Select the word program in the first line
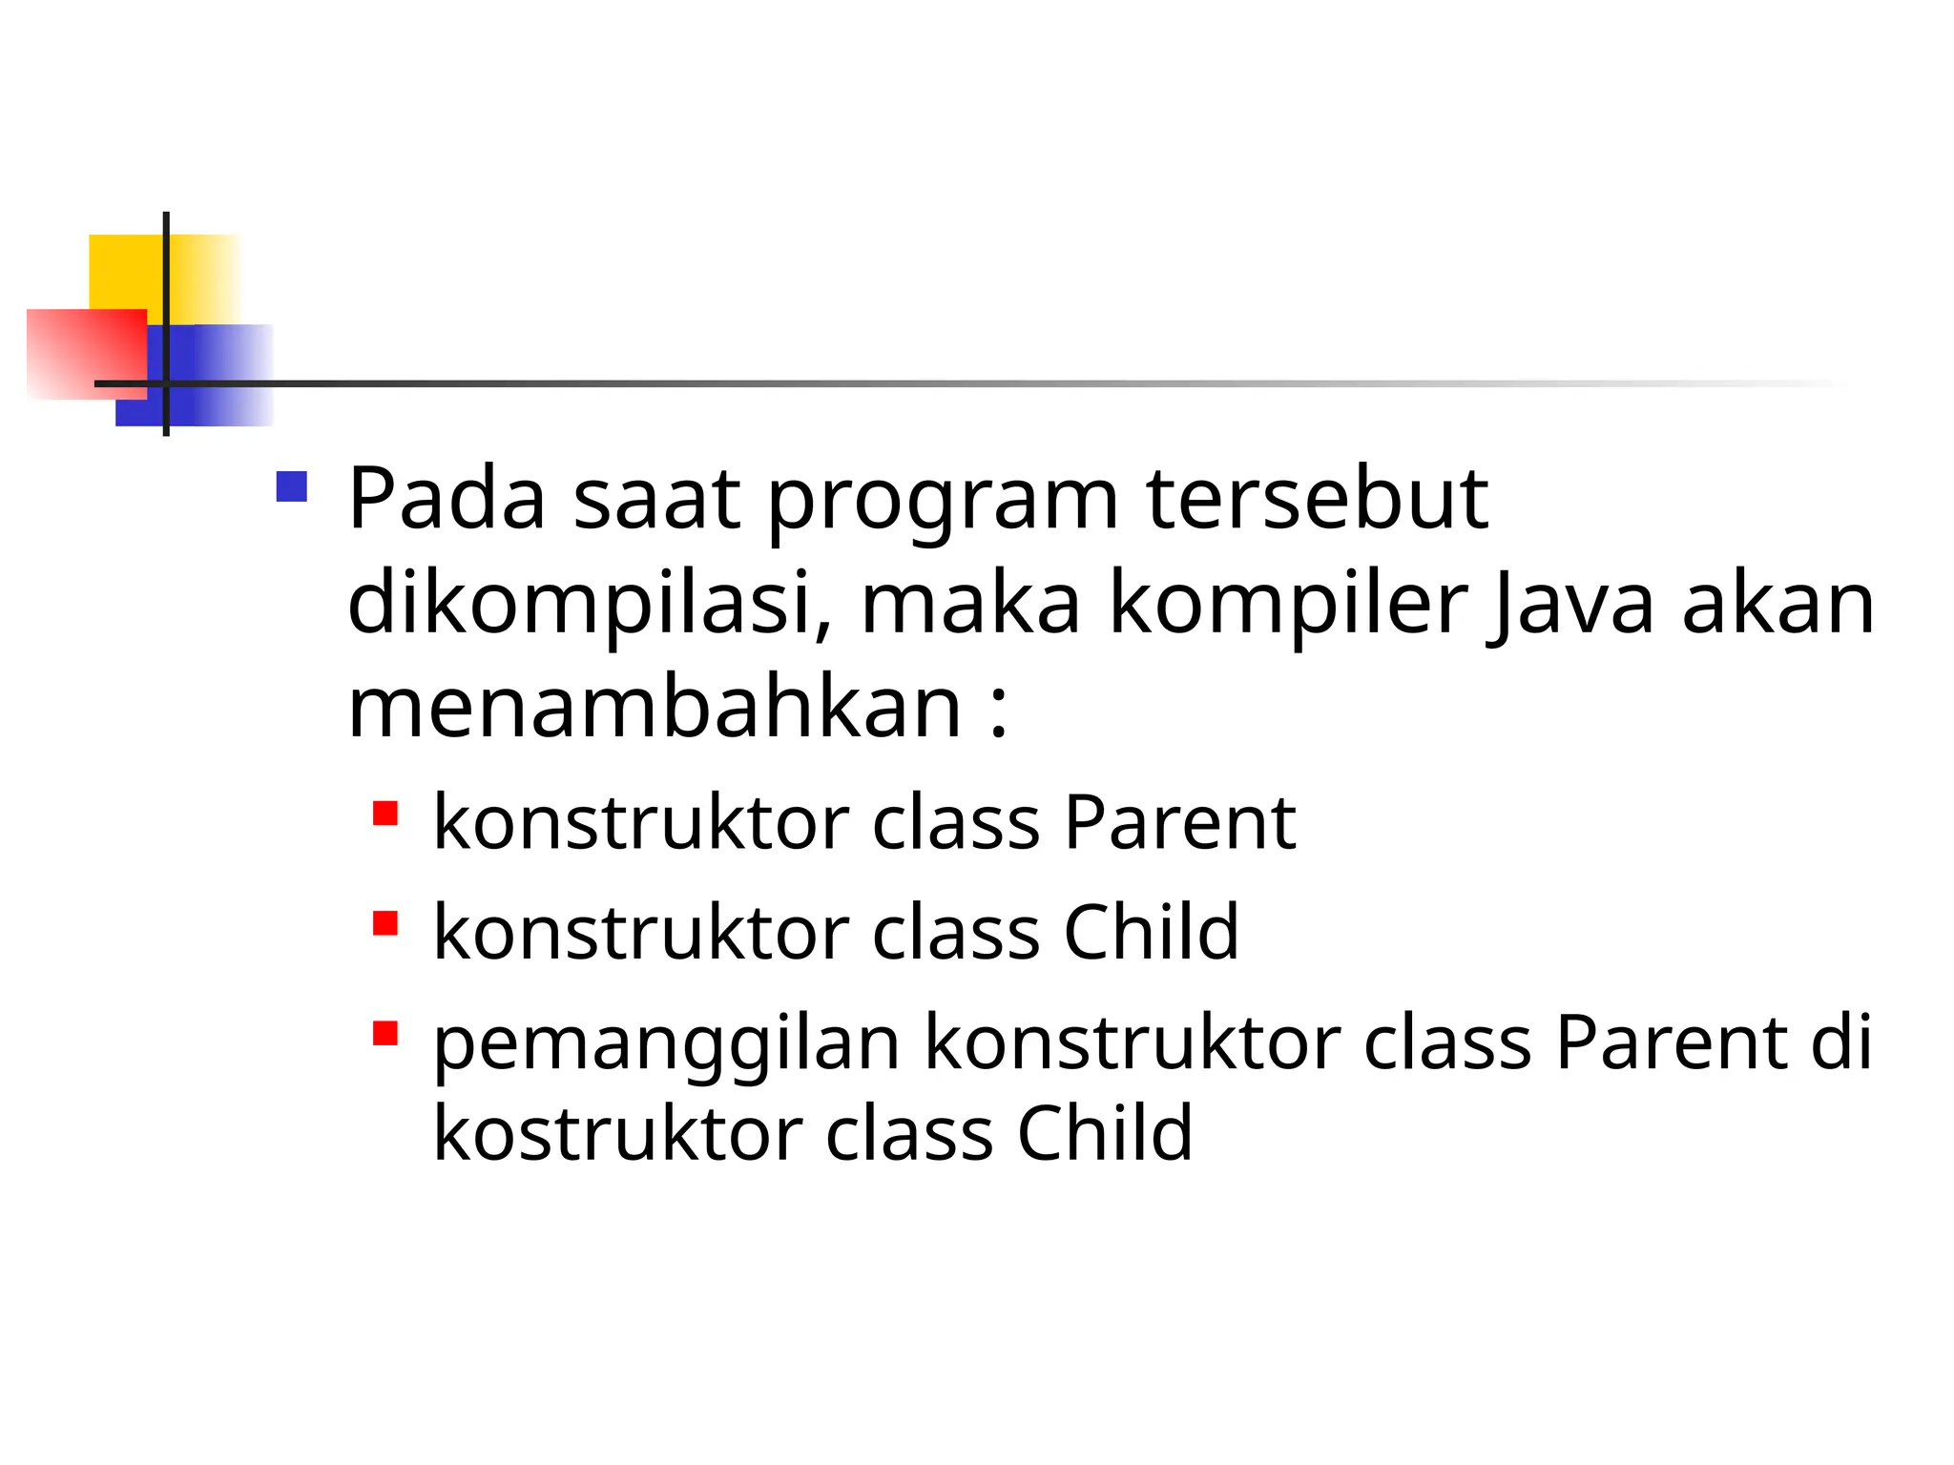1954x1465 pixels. point(943,502)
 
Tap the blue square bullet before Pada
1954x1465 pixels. point(291,487)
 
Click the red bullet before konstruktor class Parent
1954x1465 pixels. point(385,814)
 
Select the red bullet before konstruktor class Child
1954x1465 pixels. point(385,923)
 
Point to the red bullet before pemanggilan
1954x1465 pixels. point(385,1034)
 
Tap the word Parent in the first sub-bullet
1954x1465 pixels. point(1179,822)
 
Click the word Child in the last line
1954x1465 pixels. point(1105,1133)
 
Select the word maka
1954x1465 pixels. point(970,605)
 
